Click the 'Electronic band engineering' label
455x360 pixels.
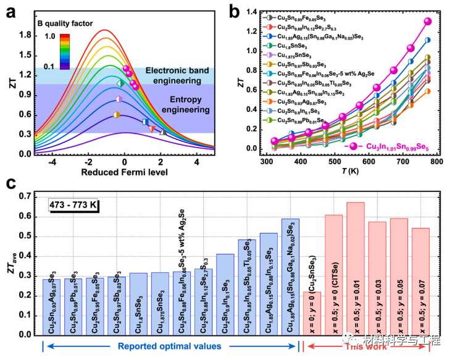click(x=177, y=77)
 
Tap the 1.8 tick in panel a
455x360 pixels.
click(x=25, y=35)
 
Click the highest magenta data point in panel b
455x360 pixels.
click(x=427, y=22)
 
